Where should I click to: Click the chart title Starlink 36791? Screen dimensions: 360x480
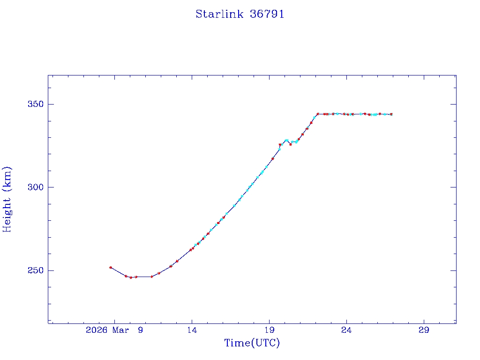(x=240, y=14)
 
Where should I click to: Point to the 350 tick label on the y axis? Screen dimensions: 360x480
(x=34, y=104)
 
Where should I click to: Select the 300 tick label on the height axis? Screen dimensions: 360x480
(x=34, y=187)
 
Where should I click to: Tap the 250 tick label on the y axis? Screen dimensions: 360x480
(x=34, y=271)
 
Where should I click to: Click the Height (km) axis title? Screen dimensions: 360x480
(x=7, y=199)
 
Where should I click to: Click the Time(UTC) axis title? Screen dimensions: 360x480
(x=252, y=343)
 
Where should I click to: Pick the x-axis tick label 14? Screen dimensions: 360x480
(x=192, y=330)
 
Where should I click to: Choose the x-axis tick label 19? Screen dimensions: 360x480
(x=270, y=330)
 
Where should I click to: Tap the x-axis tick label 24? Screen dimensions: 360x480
(x=346, y=330)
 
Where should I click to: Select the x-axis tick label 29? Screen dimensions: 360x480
(x=424, y=330)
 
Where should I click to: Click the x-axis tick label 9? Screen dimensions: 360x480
(x=140, y=330)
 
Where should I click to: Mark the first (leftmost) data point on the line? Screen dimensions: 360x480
(x=111, y=267)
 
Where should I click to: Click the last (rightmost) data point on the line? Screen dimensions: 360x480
(x=391, y=114)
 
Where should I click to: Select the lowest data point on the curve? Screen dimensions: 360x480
(x=131, y=277)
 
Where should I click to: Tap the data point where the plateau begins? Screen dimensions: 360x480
(x=317, y=114)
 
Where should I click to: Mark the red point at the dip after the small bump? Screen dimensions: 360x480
(x=291, y=144)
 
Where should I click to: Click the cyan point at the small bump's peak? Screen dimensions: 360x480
(x=286, y=140)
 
